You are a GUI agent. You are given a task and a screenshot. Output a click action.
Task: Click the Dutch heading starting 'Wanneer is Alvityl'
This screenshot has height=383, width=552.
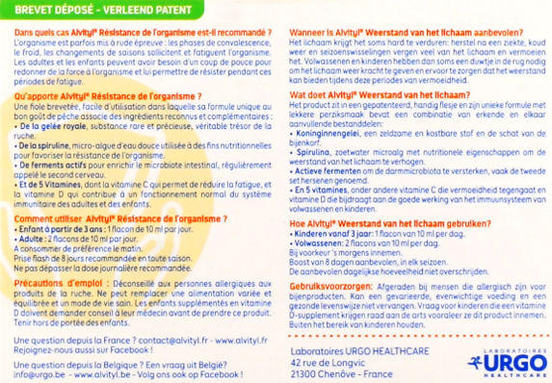pos(409,31)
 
